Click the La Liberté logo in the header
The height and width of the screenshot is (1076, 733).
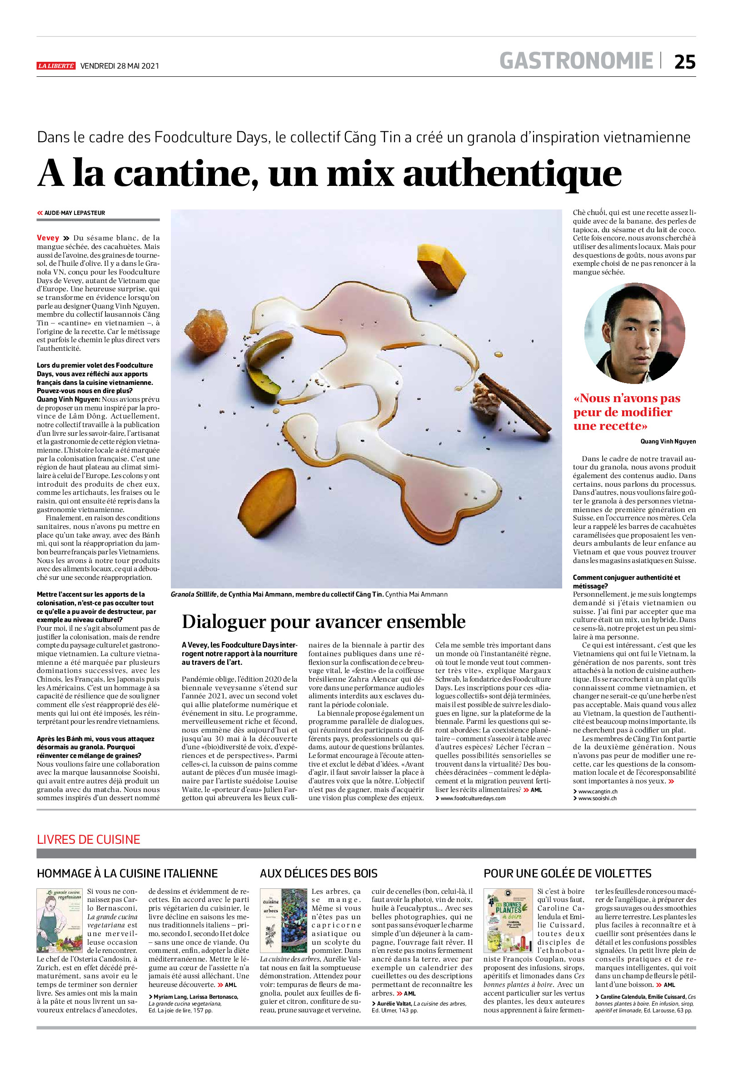click(x=55, y=66)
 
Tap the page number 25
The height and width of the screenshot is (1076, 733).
click(x=684, y=62)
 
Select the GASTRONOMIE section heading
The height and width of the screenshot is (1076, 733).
click(x=576, y=61)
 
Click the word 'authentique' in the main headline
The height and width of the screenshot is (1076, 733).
click(x=512, y=174)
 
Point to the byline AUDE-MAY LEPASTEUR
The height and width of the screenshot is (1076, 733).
click(x=74, y=213)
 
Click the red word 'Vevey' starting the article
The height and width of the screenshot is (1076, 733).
click(x=48, y=238)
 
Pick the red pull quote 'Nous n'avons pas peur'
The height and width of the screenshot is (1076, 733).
click(x=627, y=412)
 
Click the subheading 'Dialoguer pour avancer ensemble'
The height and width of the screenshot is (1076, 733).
click(x=323, y=621)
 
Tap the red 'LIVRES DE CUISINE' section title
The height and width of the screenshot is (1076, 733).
click(x=89, y=839)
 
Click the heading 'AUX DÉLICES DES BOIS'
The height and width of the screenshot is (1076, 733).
click(x=319, y=873)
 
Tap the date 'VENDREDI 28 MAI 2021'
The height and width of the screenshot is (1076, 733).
click(x=120, y=66)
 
